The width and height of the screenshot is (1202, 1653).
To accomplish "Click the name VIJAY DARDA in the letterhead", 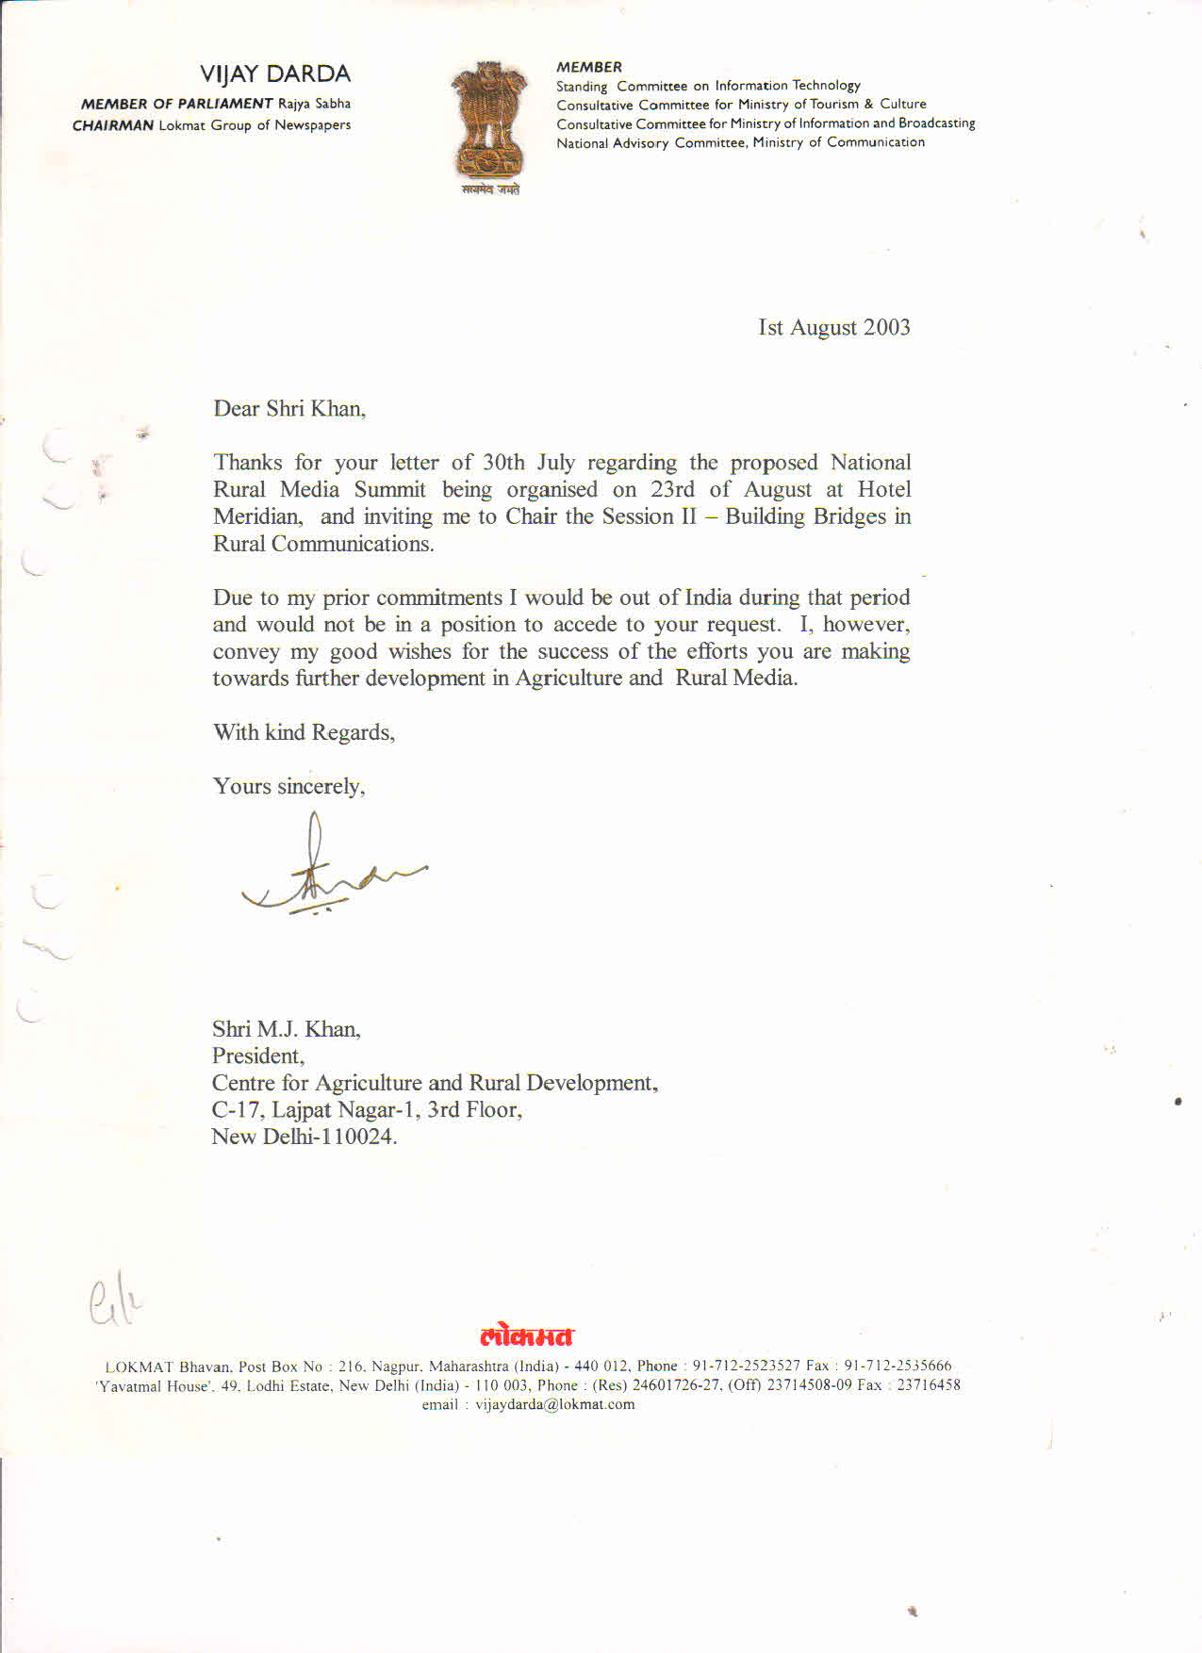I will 274,74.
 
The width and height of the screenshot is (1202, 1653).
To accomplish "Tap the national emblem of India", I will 488,120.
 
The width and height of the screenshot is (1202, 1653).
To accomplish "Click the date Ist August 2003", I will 833,328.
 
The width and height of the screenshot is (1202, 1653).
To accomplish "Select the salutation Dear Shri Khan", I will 288,409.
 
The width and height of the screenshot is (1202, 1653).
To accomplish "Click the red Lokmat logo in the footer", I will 526,1336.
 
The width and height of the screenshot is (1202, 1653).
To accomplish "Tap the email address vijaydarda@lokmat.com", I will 554,1405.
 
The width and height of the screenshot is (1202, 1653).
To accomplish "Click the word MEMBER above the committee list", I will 588,67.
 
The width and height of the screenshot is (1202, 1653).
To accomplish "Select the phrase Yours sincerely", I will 288,787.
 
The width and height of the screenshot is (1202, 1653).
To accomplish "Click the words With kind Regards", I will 304,733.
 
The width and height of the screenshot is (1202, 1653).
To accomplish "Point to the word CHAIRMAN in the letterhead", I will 112,125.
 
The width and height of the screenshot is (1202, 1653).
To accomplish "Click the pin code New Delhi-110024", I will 304,1137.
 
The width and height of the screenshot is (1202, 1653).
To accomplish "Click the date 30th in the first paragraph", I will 503,463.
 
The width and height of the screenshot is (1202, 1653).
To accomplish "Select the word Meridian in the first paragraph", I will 257,517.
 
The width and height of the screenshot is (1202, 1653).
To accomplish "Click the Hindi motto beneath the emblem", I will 490,189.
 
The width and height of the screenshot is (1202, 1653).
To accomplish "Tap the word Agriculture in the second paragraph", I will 568,679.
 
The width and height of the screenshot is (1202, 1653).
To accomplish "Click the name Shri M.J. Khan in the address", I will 286,1029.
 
